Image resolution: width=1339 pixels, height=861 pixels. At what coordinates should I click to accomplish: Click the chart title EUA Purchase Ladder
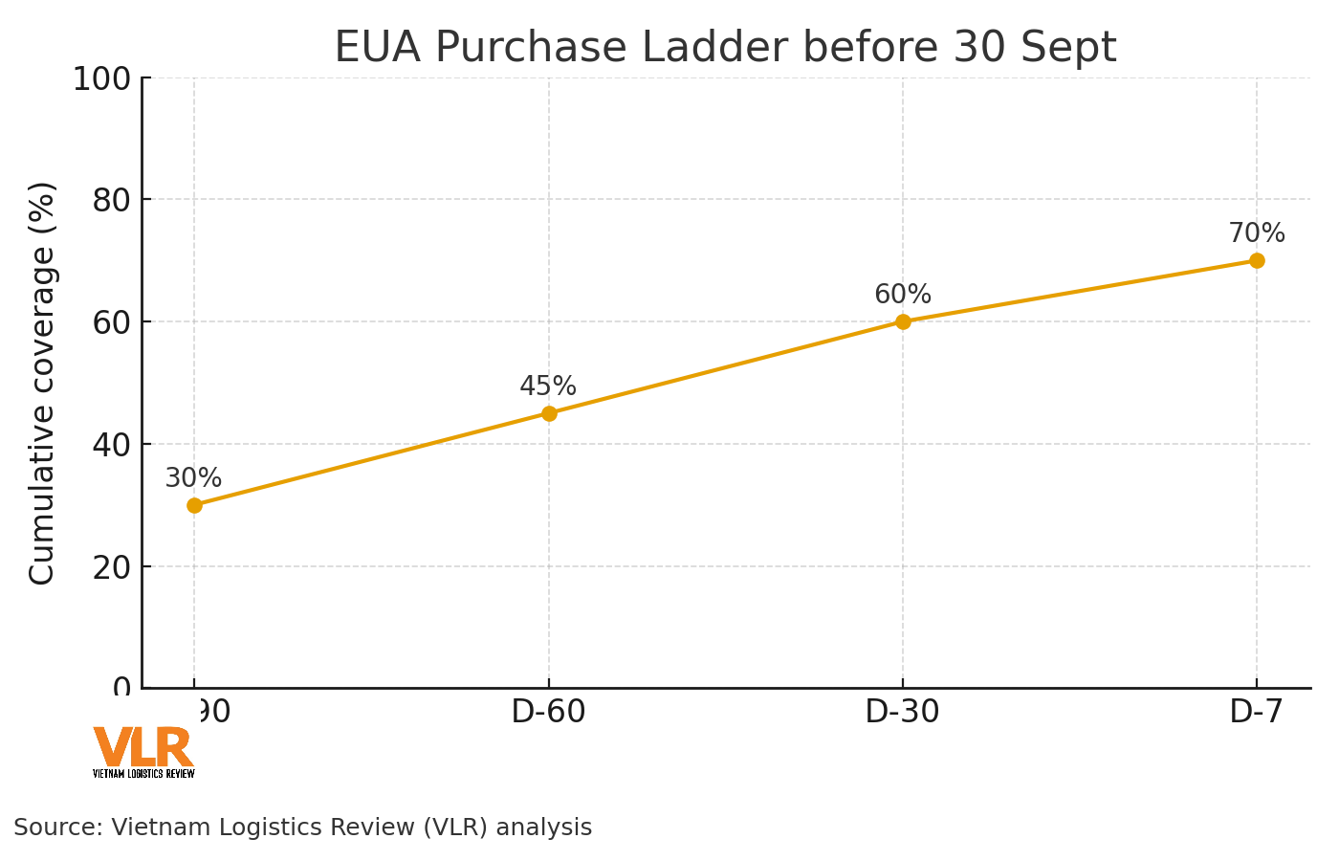click(725, 48)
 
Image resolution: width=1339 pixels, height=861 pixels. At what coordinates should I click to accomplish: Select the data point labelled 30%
click(194, 505)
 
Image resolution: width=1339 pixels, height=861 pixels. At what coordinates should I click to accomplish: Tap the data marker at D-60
click(549, 413)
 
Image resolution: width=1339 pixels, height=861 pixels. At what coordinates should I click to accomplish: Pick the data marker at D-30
click(903, 321)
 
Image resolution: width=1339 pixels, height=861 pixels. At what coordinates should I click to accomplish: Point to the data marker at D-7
click(1257, 260)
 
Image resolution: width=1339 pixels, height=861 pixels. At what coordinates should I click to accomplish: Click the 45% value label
click(548, 386)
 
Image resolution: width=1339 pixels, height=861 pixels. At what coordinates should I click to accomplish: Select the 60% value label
click(903, 295)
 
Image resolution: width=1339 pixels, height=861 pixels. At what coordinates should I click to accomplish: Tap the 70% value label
click(1257, 233)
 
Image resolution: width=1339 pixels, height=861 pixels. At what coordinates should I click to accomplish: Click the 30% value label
click(193, 478)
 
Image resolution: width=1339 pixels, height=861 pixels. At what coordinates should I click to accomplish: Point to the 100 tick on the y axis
click(101, 79)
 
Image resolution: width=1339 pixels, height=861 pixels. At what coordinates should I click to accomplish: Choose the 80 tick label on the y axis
click(112, 200)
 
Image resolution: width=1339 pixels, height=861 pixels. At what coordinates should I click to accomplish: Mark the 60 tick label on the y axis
click(112, 322)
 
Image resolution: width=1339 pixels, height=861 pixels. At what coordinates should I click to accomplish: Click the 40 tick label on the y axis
click(112, 445)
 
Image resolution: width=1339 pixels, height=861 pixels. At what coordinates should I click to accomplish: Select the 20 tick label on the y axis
click(112, 567)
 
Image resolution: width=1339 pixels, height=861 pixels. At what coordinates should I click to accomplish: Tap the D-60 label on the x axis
click(548, 713)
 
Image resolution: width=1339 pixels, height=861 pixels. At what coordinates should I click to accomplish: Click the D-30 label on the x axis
click(902, 713)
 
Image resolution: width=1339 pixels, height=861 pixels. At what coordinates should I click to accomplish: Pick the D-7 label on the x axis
click(1256, 713)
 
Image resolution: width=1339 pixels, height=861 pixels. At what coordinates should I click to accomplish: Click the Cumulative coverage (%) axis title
click(43, 383)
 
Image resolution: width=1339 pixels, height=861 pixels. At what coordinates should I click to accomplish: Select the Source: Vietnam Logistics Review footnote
click(302, 828)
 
